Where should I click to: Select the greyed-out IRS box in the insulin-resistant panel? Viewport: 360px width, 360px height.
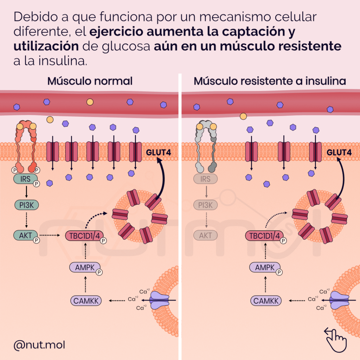click(x=205, y=179)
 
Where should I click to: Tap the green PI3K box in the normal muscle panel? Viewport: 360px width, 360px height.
click(x=25, y=205)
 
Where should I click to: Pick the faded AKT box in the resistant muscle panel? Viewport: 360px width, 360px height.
click(x=205, y=235)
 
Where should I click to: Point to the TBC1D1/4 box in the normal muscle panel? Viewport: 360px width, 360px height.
click(x=83, y=235)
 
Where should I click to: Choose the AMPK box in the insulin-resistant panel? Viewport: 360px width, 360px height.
click(x=264, y=267)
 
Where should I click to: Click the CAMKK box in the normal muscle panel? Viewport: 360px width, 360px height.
click(x=85, y=301)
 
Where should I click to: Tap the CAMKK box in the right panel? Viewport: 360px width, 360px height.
click(x=266, y=301)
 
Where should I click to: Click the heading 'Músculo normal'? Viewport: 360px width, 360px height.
click(x=90, y=81)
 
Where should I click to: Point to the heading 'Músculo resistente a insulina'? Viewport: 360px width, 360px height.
click(x=270, y=81)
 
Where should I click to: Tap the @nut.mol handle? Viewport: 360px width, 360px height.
click(x=39, y=345)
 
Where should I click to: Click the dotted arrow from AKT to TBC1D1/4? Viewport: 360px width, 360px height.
click(x=52, y=235)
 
